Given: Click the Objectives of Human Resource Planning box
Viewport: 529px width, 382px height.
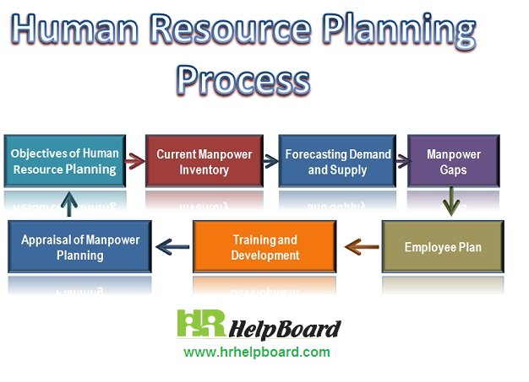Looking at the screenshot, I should (x=65, y=162).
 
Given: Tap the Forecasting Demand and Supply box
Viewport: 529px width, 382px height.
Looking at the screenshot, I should (x=337, y=162).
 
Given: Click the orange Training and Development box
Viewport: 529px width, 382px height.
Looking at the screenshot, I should (x=264, y=247).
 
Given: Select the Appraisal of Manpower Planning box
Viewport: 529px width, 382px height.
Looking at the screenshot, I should (x=79, y=247).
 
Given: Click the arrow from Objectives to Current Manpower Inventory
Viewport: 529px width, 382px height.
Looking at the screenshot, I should (x=136, y=161).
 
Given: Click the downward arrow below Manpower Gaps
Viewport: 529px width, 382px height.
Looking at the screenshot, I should (x=455, y=203).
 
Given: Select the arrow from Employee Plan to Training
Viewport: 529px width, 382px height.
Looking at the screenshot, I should (x=362, y=247).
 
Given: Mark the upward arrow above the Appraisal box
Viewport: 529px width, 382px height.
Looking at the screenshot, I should (x=69, y=202).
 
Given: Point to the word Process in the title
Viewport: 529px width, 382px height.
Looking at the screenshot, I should (x=243, y=79).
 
